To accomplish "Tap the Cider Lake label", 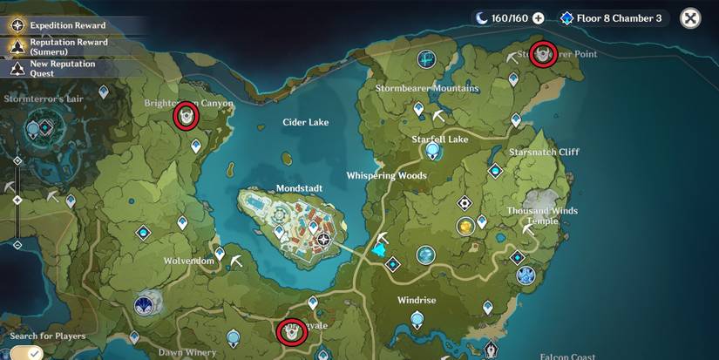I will pos(305,122).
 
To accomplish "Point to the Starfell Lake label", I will pos(439,139).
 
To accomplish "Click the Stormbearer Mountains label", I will pos(426,88).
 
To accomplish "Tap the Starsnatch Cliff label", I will pos(544,152).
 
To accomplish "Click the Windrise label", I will pos(416,300).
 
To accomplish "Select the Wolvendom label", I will pos(189,261).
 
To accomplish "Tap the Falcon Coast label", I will pos(566,356).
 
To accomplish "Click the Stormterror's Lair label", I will pos(43,98).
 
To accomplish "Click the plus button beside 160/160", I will pos(538,18).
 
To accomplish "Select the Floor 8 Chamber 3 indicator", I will pos(612,18).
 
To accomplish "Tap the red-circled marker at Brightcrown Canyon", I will pos(185,116).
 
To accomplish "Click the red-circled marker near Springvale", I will pos(291,332).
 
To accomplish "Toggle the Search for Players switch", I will pos(25,353).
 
